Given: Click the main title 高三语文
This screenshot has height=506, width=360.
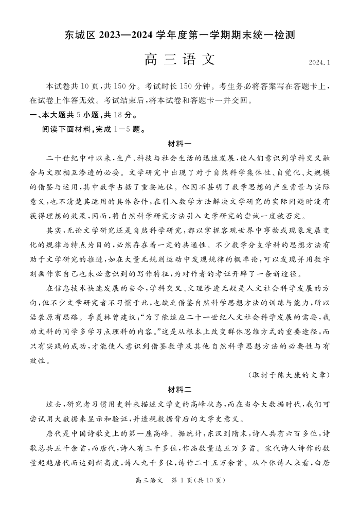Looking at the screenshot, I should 179,60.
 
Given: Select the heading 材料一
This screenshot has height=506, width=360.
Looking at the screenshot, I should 179,143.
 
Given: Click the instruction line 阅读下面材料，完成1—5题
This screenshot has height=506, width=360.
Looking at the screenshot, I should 90,129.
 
